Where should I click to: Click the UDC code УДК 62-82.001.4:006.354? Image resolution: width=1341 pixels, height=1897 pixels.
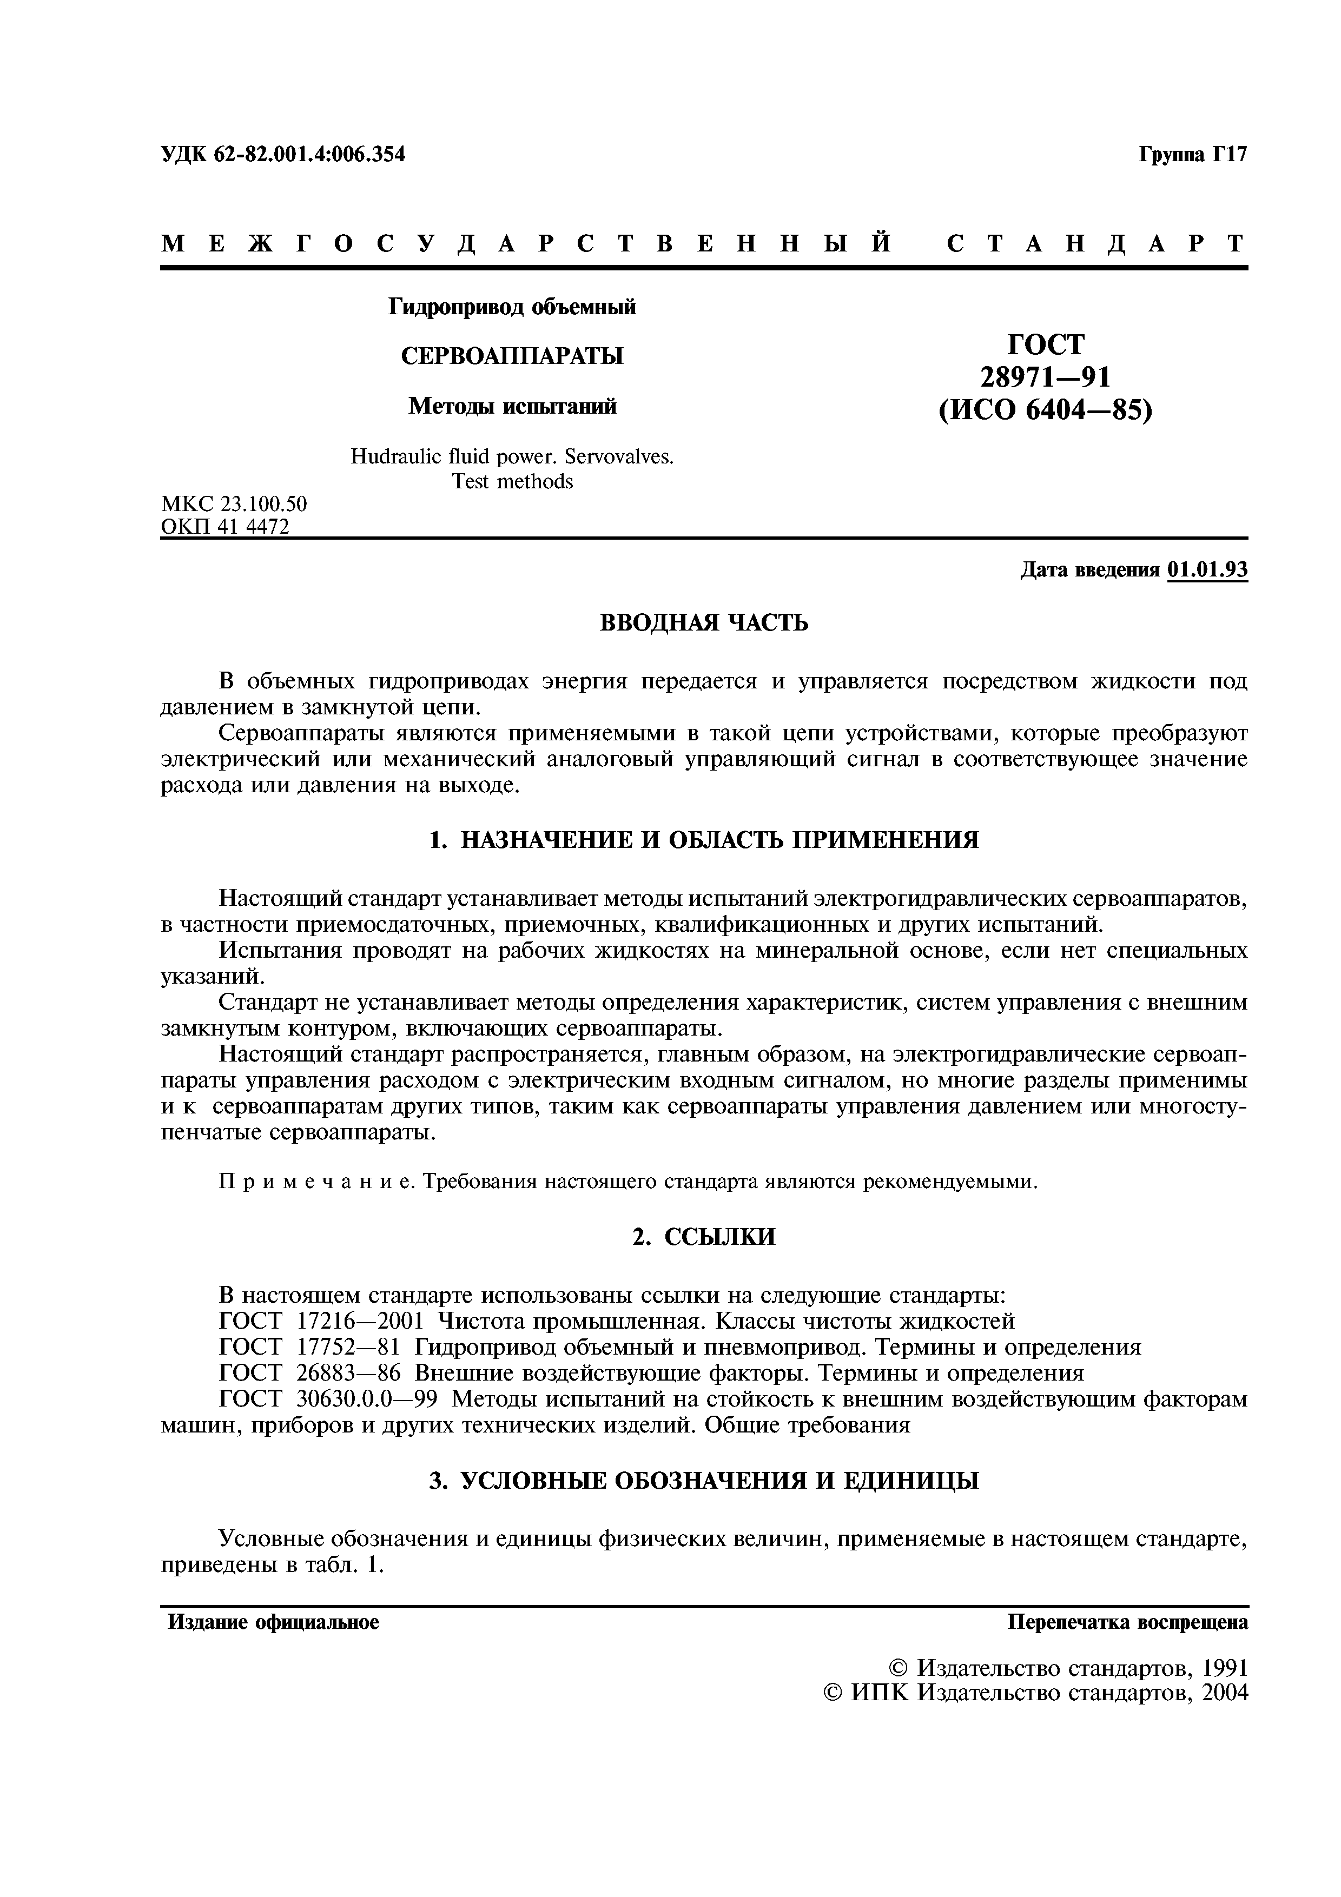tap(282, 155)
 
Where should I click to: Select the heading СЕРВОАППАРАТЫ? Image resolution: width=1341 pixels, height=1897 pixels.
tap(512, 356)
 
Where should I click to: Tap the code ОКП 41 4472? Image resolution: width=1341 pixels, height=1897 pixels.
tap(224, 526)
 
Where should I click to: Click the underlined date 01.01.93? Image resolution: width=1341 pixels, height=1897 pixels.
tap(1207, 570)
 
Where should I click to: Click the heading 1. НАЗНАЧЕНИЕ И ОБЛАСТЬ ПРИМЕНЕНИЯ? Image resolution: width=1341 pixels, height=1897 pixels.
tap(704, 840)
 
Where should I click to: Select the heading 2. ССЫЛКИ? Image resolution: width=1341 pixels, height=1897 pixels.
tap(704, 1237)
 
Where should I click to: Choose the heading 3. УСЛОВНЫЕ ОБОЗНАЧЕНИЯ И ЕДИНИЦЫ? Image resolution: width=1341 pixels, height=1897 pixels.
tap(704, 1481)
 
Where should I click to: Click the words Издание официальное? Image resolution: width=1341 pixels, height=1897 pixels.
tap(274, 1622)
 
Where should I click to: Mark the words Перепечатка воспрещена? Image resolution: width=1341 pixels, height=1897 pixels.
tap(1127, 1622)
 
